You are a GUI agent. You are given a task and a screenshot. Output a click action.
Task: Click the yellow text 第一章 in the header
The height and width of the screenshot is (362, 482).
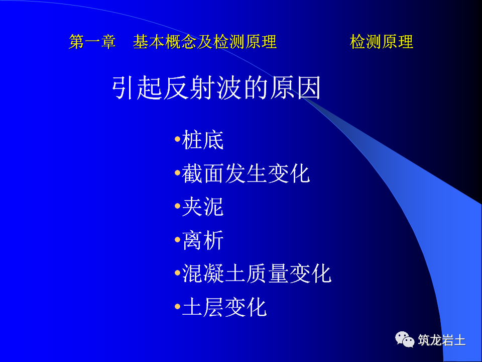pyautogui.click(x=92, y=42)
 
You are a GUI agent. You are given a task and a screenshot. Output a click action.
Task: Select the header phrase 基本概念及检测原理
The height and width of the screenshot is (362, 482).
pyautogui.click(x=205, y=42)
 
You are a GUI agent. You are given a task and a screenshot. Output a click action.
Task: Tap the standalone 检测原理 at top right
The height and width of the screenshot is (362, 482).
pyautogui.click(x=382, y=42)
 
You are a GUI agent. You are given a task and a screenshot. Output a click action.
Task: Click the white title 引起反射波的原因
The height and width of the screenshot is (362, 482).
pyautogui.click(x=216, y=88)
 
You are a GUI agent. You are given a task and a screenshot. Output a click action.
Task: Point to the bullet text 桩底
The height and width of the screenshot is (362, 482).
pyautogui.click(x=203, y=140)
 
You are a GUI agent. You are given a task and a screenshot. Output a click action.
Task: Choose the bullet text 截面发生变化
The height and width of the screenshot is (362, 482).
pyautogui.click(x=246, y=173)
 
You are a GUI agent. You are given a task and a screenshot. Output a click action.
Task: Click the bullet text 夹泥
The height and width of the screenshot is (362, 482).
pyautogui.click(x=203, y=207)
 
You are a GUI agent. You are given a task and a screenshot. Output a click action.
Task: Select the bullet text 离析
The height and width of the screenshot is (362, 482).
pyautogui.click(x=203, y=240)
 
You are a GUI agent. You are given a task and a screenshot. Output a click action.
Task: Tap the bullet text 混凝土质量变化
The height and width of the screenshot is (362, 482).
pyautogui.click(x=257, y=274)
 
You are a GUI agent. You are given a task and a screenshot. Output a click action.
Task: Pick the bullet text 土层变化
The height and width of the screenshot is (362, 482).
pyautogui.click(x=224, y=307)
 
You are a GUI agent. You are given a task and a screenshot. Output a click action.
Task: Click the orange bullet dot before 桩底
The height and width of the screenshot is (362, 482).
pyautogui.click(x=177, y=139)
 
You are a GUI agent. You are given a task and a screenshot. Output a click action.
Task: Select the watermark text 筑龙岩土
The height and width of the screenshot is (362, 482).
pyautogui.click(x=442, y=340)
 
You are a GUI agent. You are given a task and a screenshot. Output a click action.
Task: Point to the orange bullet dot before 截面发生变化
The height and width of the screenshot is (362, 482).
pyautogui.click(x=177, y=172)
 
